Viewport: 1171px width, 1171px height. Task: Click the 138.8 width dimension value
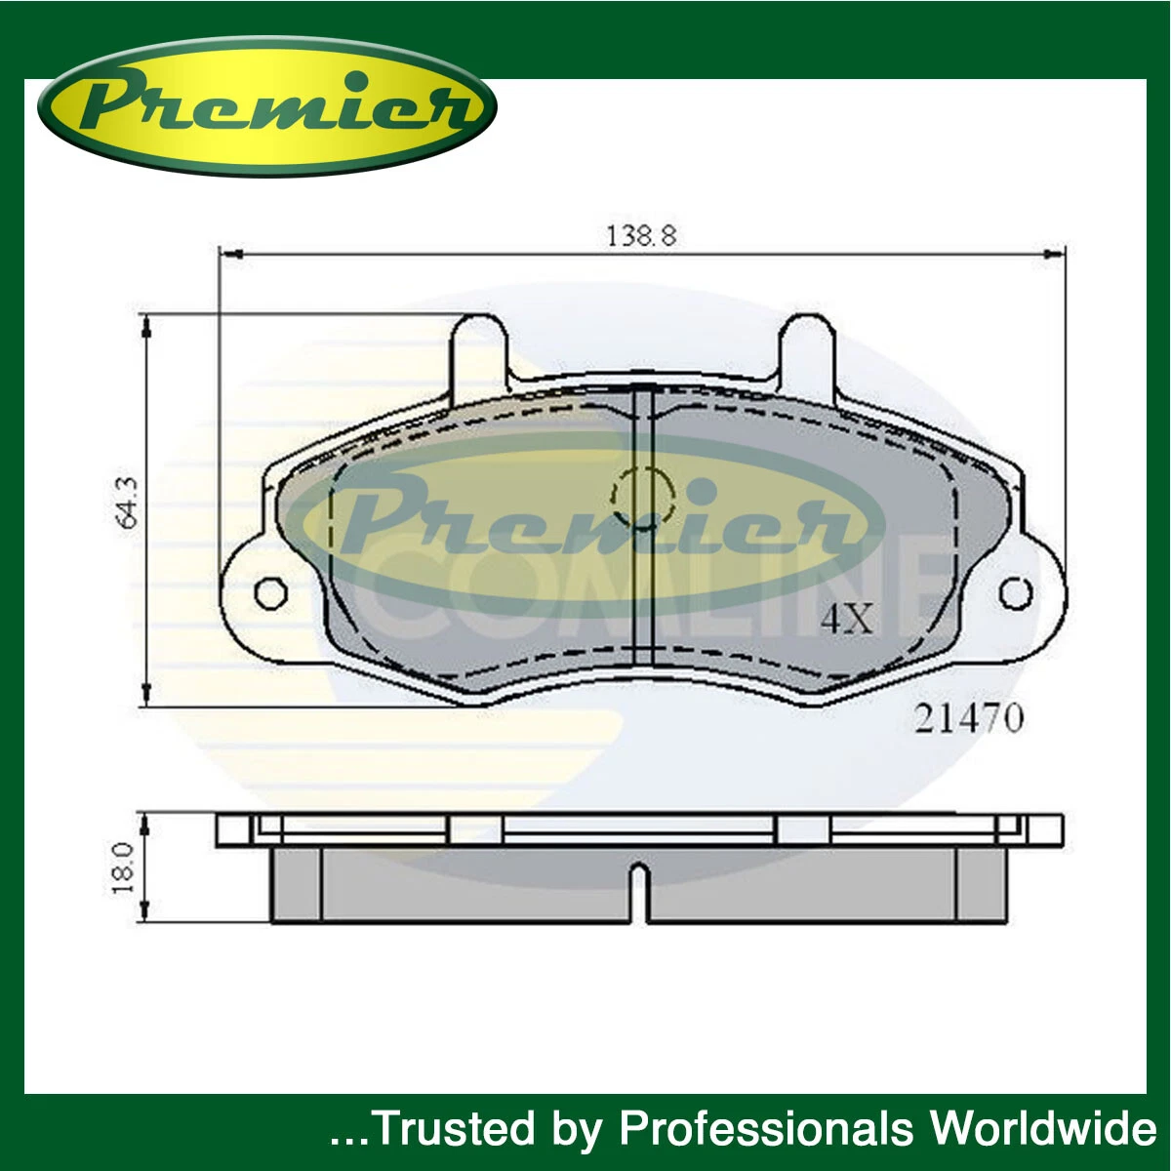tap(642, 235)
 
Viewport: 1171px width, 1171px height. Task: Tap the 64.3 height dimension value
tap(129, 503)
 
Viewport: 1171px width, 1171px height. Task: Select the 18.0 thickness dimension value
tap(123, 868)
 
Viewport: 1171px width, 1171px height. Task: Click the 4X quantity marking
tap(846, 619)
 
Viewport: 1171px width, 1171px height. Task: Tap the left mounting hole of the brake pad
tap(271, 592)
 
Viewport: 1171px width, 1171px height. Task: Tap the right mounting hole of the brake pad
tap(1016, 592)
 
